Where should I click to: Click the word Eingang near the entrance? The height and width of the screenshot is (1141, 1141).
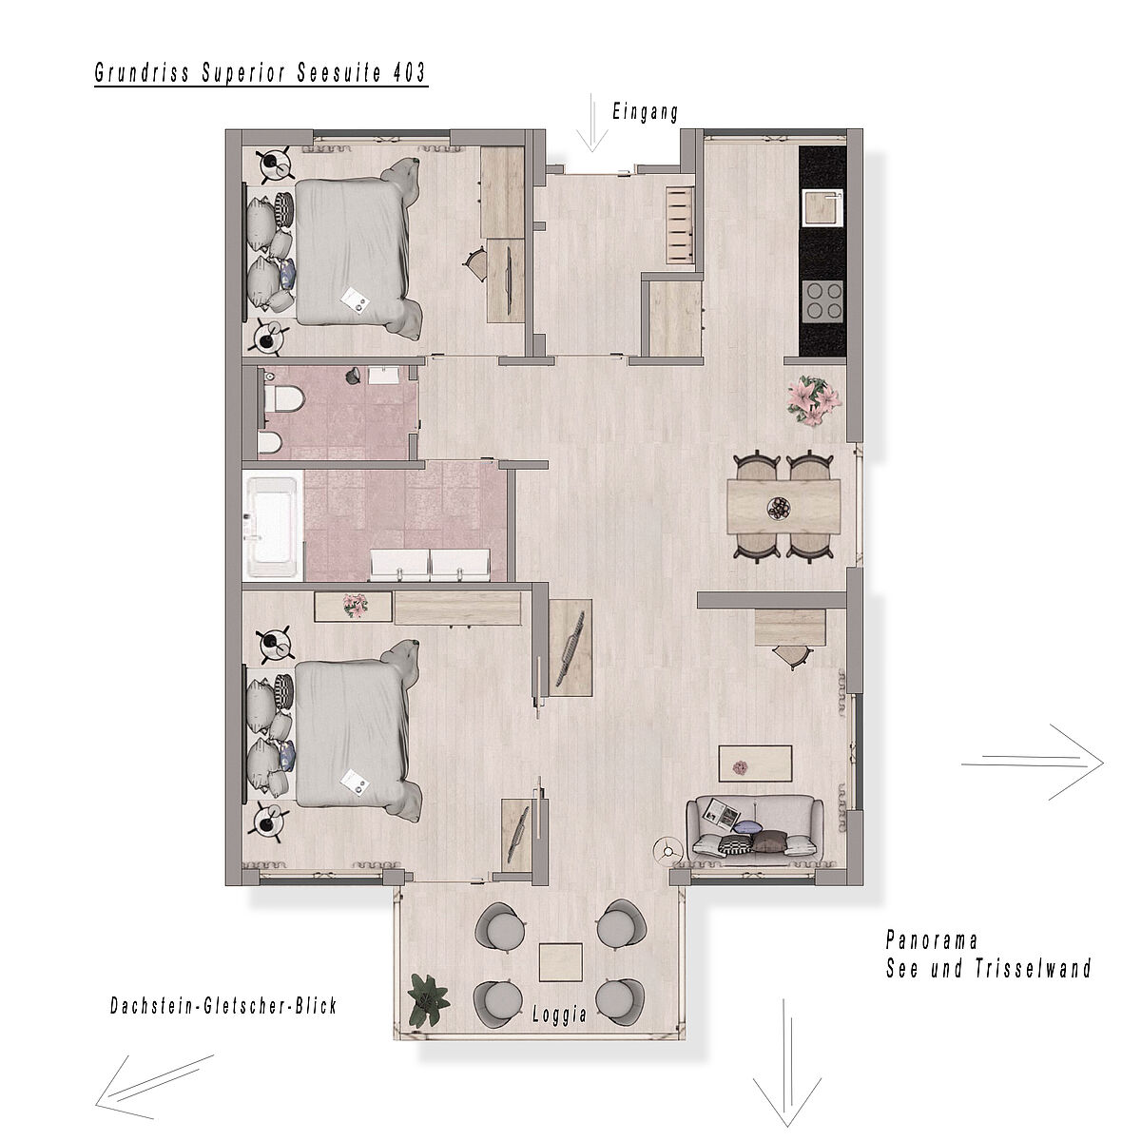(x=645, y=112)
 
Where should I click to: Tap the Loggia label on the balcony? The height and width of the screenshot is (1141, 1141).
(x=559, y=1015)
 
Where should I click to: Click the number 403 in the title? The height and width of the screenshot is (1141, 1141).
(x=409, y=73)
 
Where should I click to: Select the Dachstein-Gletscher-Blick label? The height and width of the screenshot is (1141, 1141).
(x=223, y=1005)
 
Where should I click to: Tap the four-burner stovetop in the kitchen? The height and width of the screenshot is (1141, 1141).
(x=822, y=300)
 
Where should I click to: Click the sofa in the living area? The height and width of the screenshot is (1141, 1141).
(x=755, y=829)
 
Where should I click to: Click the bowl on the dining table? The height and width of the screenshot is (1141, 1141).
(x=778, y=508)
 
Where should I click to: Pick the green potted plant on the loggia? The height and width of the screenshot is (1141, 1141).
(x=428, y=999)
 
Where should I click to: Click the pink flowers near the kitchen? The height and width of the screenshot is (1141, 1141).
(x=815, y=399)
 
